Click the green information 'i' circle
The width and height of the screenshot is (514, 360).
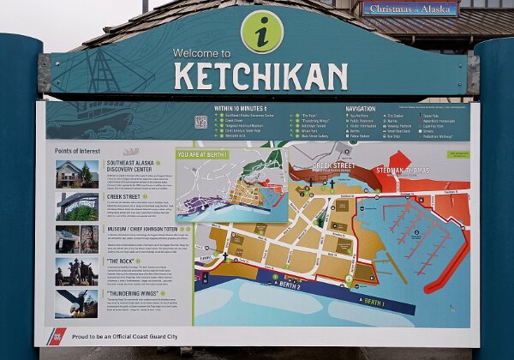click(x=261, y=31)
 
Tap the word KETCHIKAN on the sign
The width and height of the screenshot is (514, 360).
click(x=260, y=75)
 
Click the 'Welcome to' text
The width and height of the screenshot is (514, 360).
click(x=201, y=53)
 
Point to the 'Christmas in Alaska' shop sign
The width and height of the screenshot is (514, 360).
click(x=409, y=9)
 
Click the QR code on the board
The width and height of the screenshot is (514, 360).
click(x=200, y=121)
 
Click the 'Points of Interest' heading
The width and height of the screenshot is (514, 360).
click(x=76, y=151)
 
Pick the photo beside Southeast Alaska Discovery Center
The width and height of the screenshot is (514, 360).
click(x=76, y=174)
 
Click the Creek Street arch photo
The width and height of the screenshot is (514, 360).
click(x=76, y=206)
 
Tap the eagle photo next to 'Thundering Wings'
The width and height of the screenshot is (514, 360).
click(x=76, y=303)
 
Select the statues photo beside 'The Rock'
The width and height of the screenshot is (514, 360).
click(x=76, y=271)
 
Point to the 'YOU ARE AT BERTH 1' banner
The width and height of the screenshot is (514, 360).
click(x=208, y=155)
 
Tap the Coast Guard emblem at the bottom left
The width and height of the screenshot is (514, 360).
click(x=57, y=335)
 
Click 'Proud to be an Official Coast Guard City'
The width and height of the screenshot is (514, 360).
click(x=124, y=337)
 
